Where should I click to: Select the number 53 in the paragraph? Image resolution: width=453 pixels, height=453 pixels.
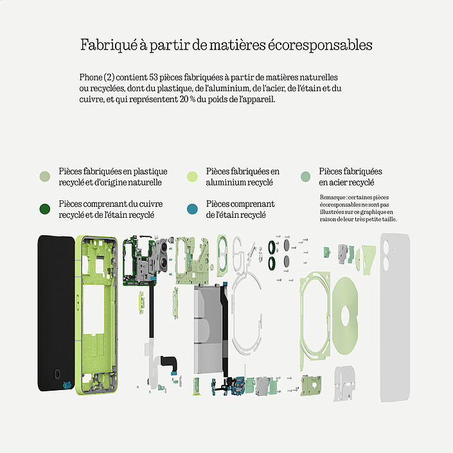[x=154, y=77]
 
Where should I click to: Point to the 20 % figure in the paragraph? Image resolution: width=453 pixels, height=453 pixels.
[x=188, y=100]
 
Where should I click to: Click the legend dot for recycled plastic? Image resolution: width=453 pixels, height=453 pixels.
[x=45, y=177]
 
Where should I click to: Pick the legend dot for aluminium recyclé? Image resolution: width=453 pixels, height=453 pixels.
[x=192, y=177]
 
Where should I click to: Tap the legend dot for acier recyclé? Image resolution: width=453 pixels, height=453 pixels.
[x=305, y=177]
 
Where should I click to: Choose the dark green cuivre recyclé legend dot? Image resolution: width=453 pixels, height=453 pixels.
[x=45, y=209]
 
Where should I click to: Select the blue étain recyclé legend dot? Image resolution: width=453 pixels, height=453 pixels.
[x=192, y=209]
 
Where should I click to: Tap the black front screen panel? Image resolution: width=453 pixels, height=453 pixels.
[x=56, y=313]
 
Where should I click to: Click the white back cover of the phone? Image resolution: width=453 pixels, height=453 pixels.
[x=395, y=317]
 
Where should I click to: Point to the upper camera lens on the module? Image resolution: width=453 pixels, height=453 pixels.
[x=164, y=247]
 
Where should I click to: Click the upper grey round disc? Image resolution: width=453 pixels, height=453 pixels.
[x=287, y=245]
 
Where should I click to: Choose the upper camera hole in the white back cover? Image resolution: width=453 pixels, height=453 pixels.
[x=386, y=247]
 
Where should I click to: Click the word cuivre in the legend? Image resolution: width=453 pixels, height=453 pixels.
[x=151, y=204]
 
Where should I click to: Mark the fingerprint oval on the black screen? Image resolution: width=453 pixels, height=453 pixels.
[x=57, y=374]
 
